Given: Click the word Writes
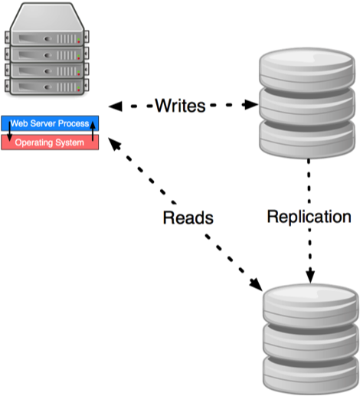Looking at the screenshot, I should pos(180,105).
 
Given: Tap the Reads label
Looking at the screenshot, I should pos(188,218).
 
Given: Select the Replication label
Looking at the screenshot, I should pos(309,216).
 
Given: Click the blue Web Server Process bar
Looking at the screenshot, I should pos(49,123).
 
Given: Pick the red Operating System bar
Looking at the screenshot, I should pos(49,142).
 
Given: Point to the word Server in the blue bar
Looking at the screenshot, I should pos(44,123).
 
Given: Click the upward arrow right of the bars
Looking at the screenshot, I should pos(93,133).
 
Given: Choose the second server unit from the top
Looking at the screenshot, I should pos(45,53).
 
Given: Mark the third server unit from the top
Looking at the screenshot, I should pos(45,69).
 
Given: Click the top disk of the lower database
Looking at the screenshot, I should pos(309,306).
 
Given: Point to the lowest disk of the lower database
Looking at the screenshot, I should pos(309,371).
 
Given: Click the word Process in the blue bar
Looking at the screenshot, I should pos(73,123).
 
